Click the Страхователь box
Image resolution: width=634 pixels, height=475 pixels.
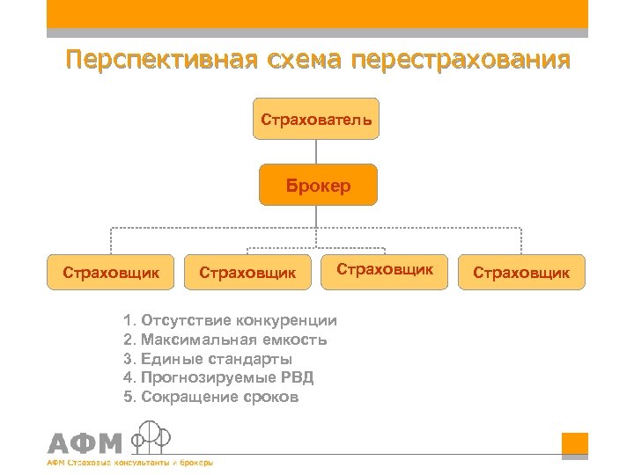click(x=315, y=118)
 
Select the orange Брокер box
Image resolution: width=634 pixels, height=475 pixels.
click(x=317, y=186)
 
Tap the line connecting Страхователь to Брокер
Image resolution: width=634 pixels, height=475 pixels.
click(x=316, y=151)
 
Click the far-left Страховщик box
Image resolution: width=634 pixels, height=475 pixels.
click(x=111, y=272)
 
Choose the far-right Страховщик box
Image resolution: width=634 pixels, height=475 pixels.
click(x=521, y=273)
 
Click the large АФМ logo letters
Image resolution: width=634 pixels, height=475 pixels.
click(x=85, y=443)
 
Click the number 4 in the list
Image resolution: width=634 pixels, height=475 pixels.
click(x=129, y=377)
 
